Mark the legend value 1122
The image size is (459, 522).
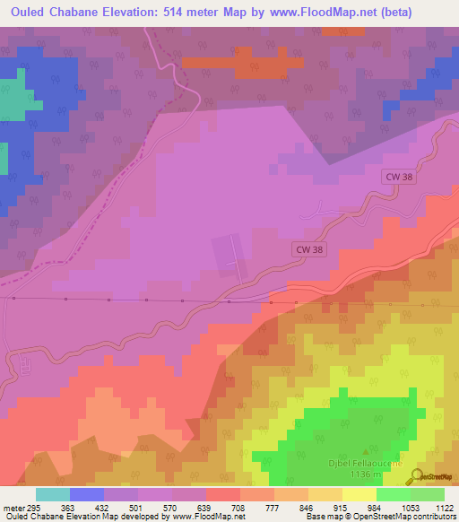(x=444, y=509)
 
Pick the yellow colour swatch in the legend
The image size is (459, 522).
(x=359, y=494)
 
